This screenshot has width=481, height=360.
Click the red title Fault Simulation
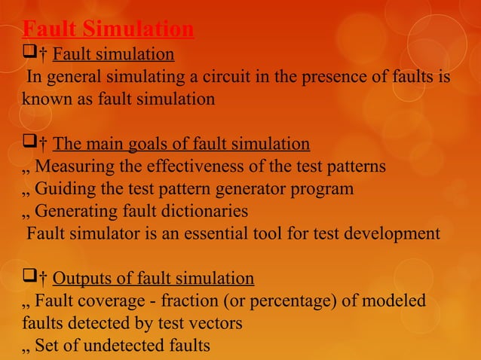(108, 29)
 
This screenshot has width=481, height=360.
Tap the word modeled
(396, 302)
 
